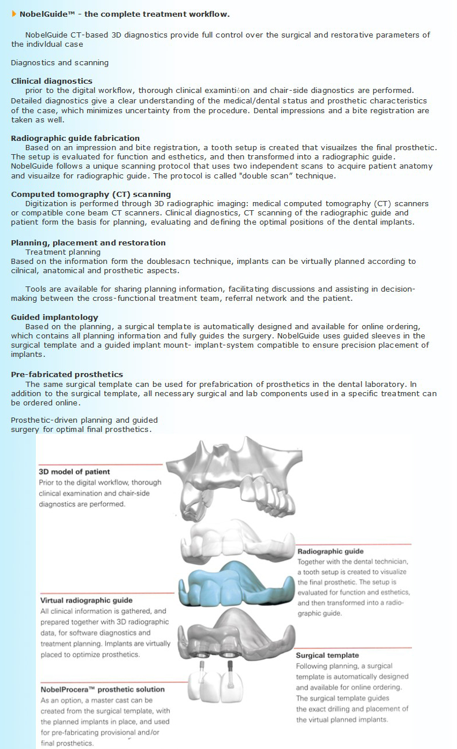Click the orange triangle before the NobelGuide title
14,13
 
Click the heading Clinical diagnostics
51,81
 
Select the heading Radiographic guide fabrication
75,139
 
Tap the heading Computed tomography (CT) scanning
91,195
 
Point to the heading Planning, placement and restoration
88,243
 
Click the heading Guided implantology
54,318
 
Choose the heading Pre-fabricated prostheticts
66,375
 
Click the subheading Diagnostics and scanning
60,62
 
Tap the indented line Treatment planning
62,252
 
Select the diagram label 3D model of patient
74,472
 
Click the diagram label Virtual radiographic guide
86,601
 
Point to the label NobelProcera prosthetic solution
102,690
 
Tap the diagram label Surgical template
327,655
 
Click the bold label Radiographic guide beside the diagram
330,551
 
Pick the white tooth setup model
237,543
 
